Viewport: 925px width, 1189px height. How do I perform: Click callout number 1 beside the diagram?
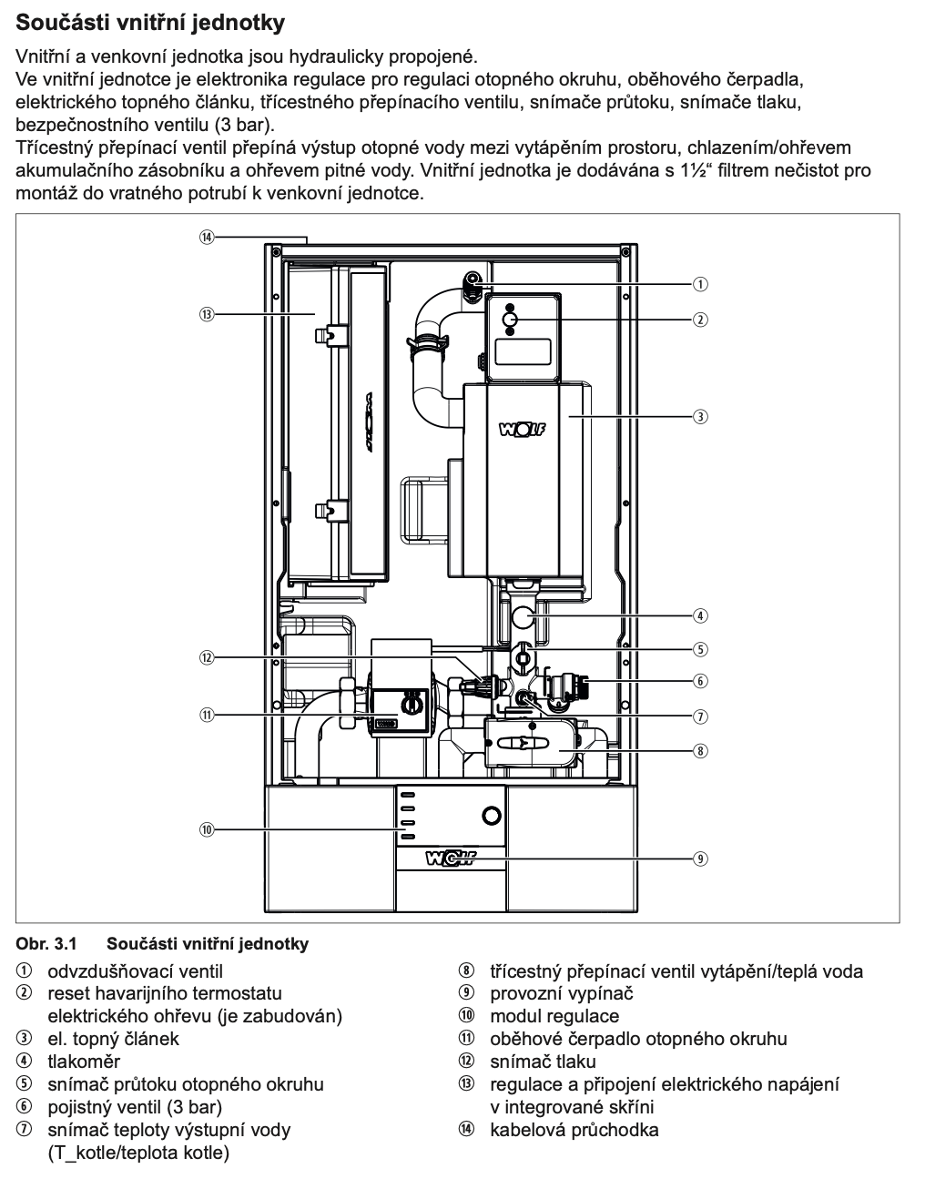(x=700, y=284)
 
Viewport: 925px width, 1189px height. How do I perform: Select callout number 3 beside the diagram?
(x=700, y=416)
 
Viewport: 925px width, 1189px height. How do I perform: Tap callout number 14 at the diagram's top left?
(x=207, y=237)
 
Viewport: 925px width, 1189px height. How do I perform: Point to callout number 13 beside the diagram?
(x=207, y=314)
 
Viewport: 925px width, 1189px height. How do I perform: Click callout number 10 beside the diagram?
(x=207, y=829)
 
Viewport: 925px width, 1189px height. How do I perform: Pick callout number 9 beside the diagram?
(x=700, y=858)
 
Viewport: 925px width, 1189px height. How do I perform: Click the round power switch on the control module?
(x=491, y=815)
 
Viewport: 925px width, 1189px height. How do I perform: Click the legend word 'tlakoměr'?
(x=84, y=1062)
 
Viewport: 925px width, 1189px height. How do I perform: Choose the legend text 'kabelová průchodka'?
(x=574, y=1131)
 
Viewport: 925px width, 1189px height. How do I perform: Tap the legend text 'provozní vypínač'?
(x=561, y=993)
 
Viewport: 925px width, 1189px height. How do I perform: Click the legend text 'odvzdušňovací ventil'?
(x=135, y=971)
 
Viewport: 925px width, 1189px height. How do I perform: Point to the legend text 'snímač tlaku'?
(x=543, y=1062)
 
